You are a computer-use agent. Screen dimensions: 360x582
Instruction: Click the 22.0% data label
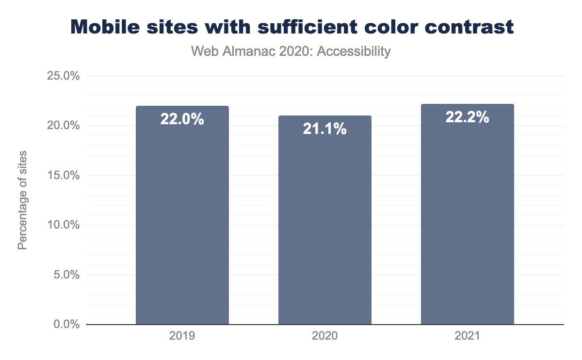click(182, 119)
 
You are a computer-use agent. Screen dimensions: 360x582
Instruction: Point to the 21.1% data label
click(325, 129)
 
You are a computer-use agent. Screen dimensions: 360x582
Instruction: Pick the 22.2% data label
click(467, 117)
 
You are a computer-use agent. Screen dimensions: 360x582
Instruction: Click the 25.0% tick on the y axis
click(63, 76)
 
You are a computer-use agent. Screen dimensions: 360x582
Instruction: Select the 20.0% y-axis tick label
click(63, 126)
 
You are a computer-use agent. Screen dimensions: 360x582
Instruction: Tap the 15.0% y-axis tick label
click(63, 175)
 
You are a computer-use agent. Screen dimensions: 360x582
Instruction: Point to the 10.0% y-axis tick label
click(63, 225)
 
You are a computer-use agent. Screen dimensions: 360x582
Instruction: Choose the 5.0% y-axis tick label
click(65, 275)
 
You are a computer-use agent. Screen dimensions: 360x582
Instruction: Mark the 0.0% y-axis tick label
click(65, 324)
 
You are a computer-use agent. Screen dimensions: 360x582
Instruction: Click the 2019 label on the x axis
click(182, 336)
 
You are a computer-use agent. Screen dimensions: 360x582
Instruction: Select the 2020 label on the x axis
click(325, 336)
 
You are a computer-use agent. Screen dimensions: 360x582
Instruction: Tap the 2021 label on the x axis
click(467, 336)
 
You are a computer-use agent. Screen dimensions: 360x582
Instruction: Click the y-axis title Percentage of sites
click(22, 200)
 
